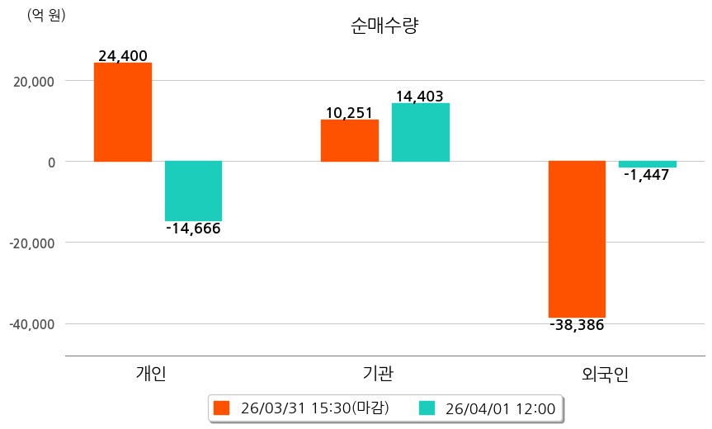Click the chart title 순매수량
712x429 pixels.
tap(384, 26)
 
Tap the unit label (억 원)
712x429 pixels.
tap(46, 15)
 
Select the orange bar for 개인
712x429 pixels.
tap(123, 112)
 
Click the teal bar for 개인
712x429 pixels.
tap(193, 191)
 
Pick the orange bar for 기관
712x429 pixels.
tap(350, 140)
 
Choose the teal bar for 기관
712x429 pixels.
tap(421, 132)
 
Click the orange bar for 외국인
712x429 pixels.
tap(577, 239)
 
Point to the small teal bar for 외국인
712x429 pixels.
tap(648, 164)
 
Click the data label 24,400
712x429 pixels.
tap(123, 56)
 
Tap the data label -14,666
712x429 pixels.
tap(193, 229)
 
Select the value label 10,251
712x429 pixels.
tap(350, 112)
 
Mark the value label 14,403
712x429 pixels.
tap(420, 96)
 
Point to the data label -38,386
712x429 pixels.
tap(577, 325)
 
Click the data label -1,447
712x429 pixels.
tap(647, 175)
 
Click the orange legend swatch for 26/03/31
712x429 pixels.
tap(221, 408)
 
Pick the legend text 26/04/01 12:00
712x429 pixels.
tap(500, 408)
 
